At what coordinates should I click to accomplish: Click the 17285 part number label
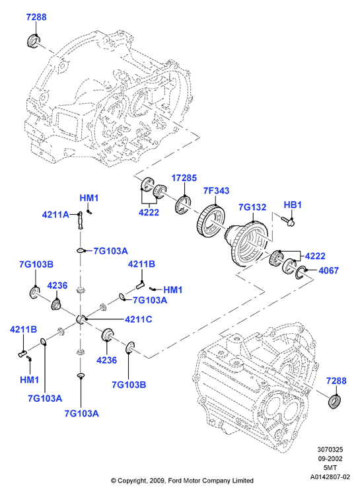(x=184, y=178)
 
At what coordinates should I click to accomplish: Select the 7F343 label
(x=216, y=191)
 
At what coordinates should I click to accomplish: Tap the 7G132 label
(x=252, y=207)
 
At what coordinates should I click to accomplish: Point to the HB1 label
(x=293, y=205)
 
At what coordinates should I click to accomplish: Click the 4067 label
(x=328, y=270)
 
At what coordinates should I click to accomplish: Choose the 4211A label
(x=55, y=215)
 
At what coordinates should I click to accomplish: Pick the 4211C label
(x=139, y=319)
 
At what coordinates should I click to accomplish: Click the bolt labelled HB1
(x=287, y=220)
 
